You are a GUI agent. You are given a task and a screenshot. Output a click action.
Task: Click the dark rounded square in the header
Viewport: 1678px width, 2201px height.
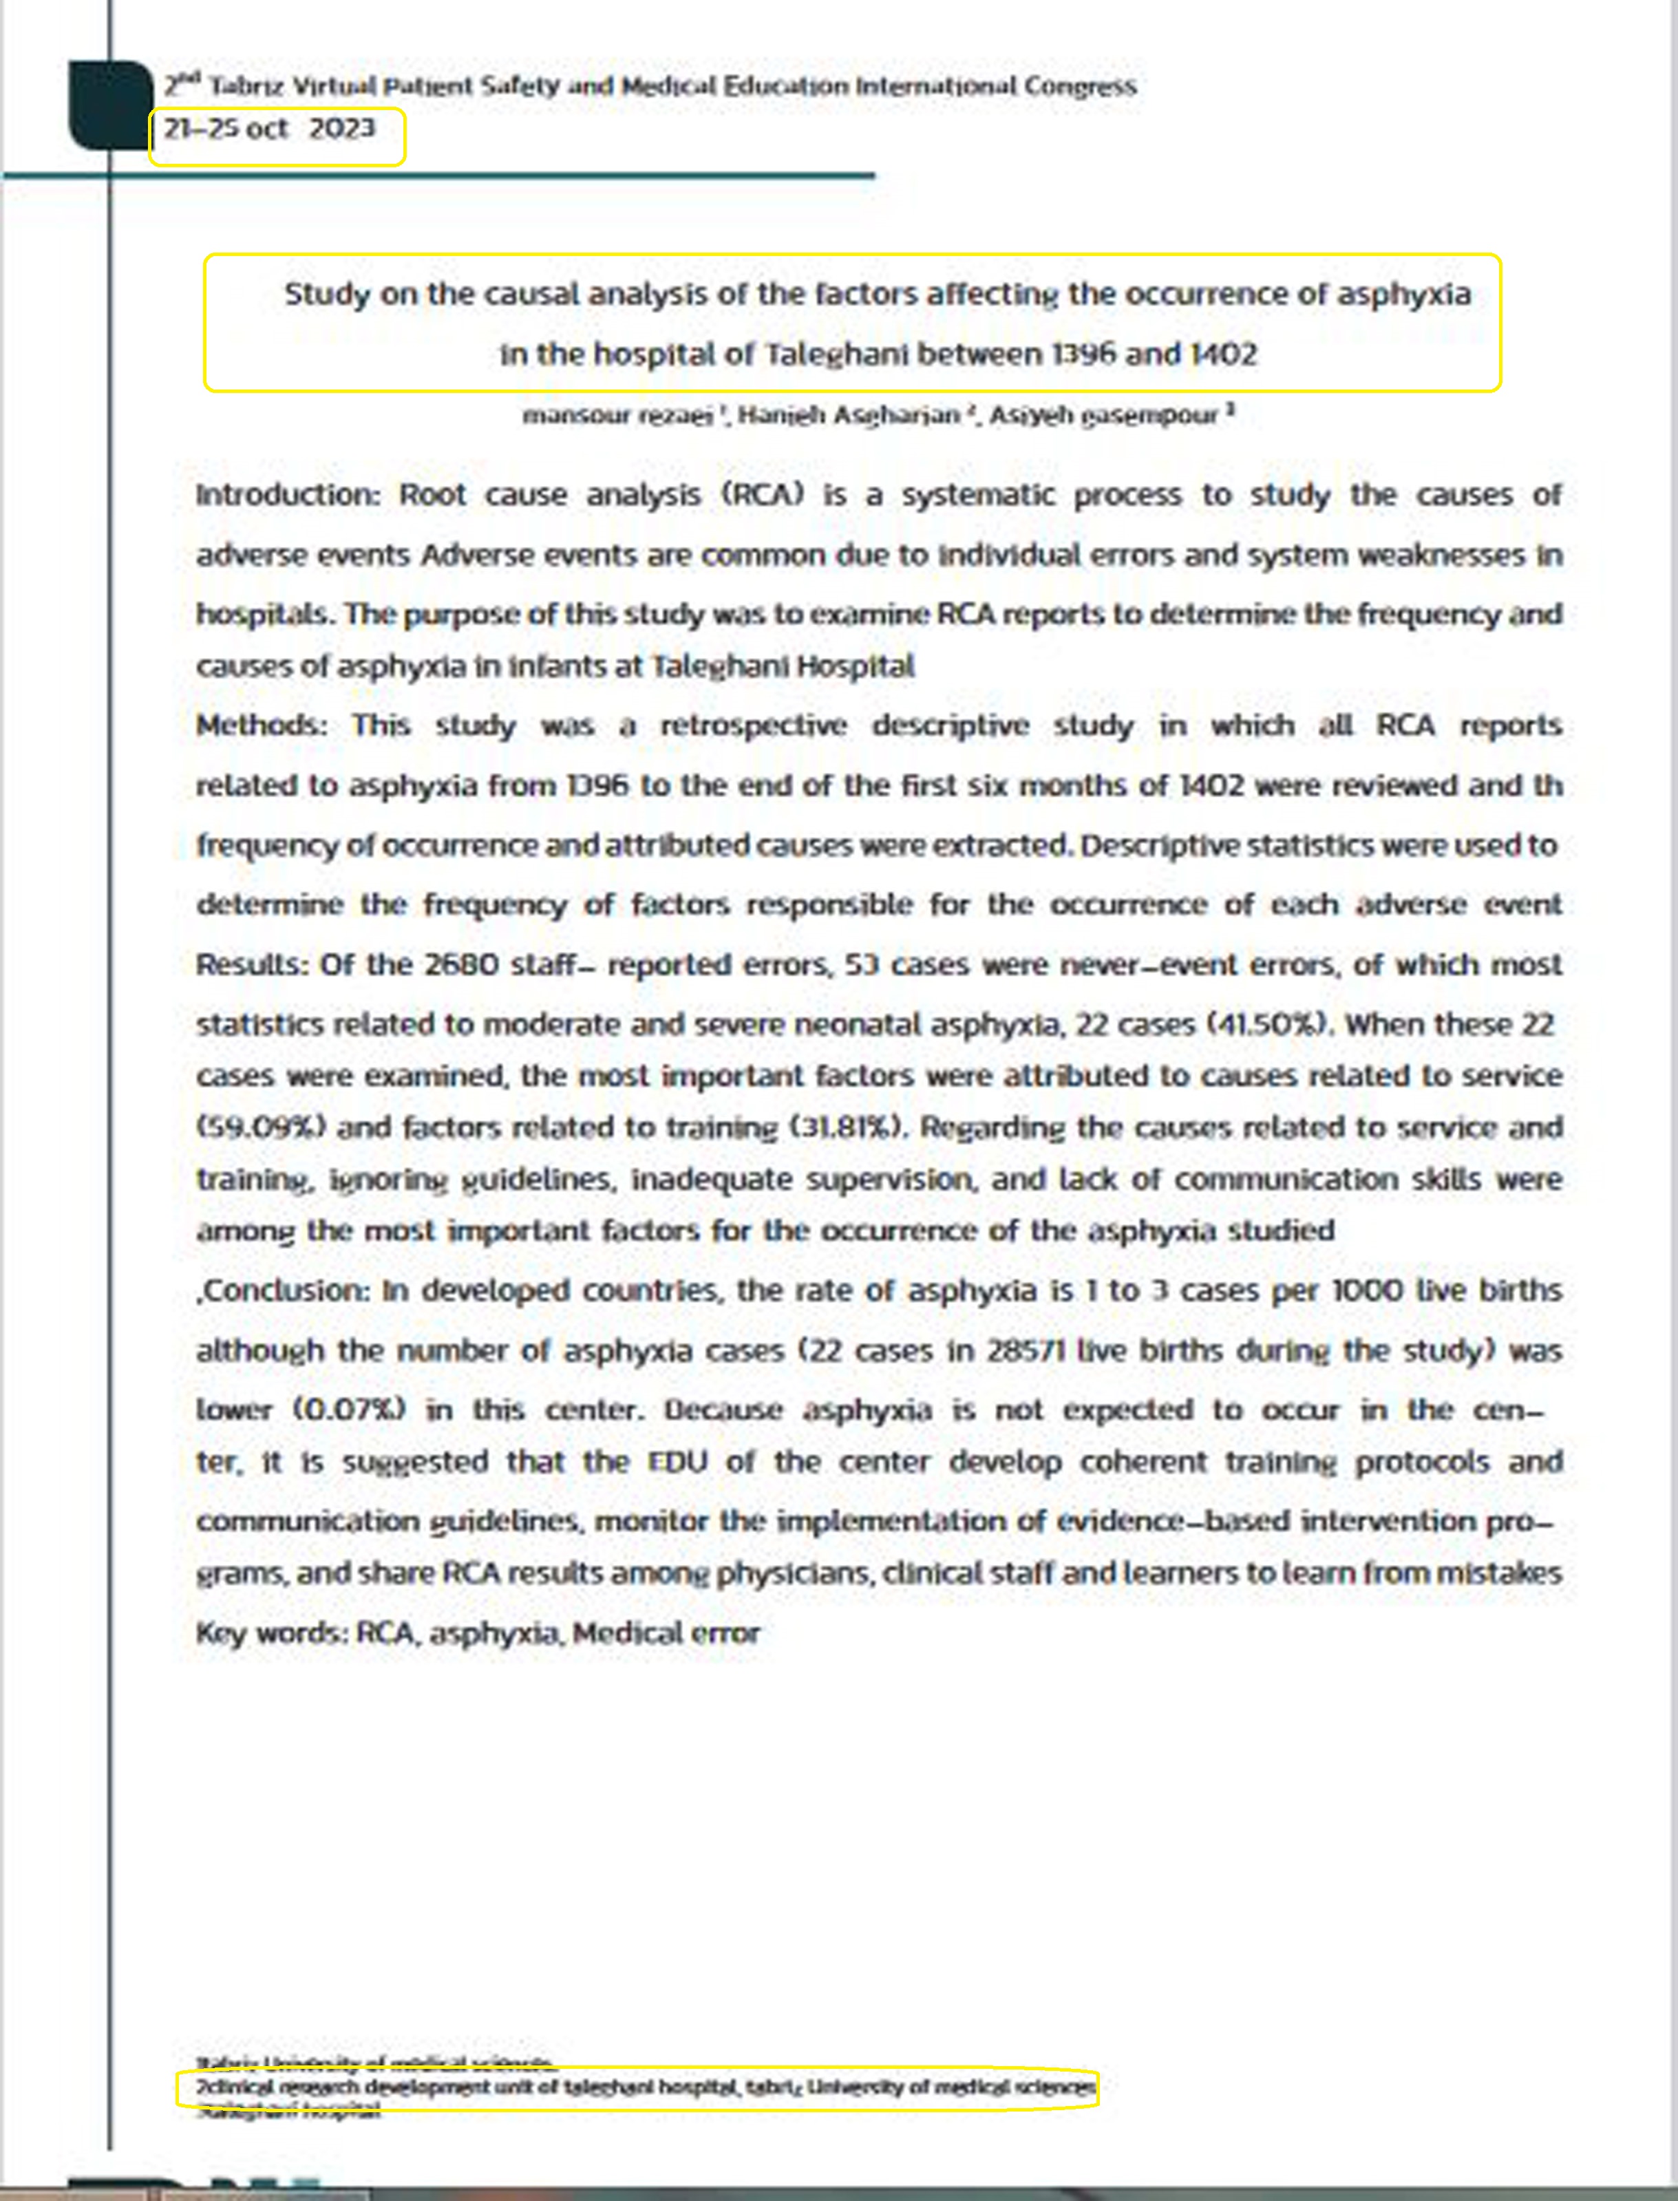point(108,105)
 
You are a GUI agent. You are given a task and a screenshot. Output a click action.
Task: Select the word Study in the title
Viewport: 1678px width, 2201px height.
point(327,295)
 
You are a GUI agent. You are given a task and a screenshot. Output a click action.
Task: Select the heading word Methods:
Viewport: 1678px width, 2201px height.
point(261,726)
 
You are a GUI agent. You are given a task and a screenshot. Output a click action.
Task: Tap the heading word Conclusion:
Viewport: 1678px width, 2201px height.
point(286,1291)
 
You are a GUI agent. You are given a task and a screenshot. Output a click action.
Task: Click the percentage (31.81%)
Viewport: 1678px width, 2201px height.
point(848,1127)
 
